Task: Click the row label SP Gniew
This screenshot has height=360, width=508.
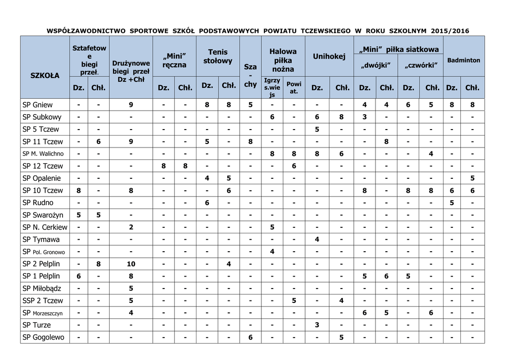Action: point(38,105)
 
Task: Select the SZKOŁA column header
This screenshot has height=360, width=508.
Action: point(45,75)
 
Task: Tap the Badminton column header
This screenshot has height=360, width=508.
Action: point(463,60)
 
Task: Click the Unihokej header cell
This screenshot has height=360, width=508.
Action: point(329,56)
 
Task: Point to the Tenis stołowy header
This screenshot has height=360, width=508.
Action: point(218,56)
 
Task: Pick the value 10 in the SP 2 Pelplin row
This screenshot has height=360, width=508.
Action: point(130,264)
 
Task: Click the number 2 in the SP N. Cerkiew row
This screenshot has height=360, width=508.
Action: point(130,227)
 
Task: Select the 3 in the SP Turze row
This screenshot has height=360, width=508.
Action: point(317,325)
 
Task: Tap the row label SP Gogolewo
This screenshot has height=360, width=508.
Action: point(44,337)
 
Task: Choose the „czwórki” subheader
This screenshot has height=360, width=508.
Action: point(421,66)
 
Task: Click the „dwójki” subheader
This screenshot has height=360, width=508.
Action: point(376,66)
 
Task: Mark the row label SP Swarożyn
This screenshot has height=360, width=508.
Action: point(43,215)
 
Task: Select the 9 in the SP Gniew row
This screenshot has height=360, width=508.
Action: point(130,105)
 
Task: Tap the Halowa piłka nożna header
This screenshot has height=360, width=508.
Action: point(283,60)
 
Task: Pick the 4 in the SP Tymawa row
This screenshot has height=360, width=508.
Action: point(317,239)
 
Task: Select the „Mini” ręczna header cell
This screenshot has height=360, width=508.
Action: point(174,60)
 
